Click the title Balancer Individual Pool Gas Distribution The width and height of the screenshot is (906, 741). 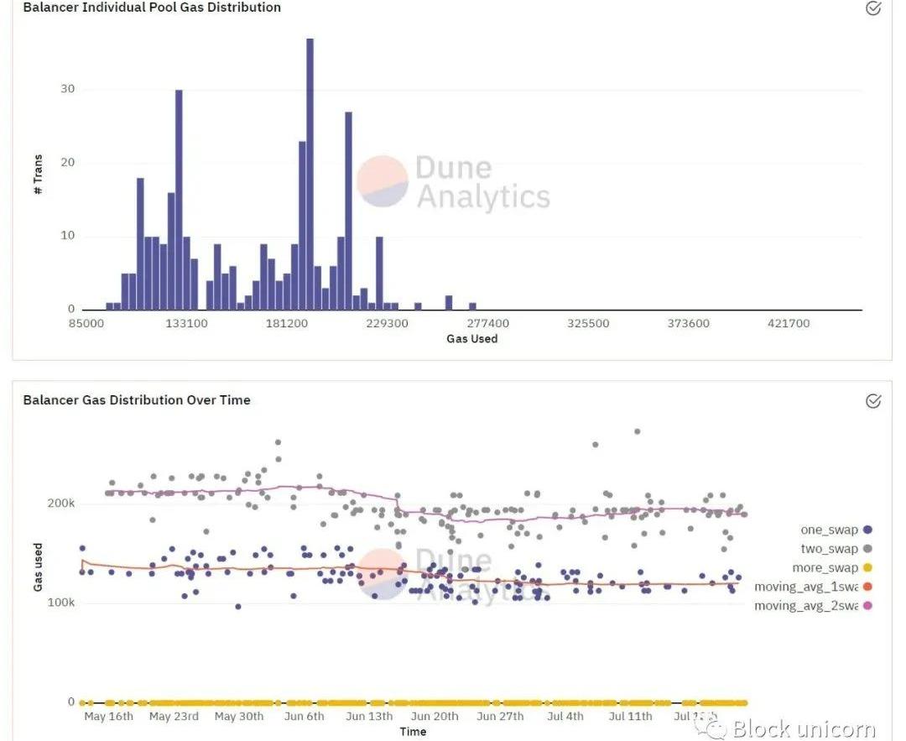[x=152, y=8]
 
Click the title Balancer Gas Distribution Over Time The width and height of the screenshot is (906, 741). [x=137, y=400]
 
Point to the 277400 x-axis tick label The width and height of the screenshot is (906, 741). [x=487, y=323]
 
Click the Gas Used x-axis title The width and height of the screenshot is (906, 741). [x=471, y=339]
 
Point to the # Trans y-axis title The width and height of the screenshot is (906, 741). [x=38, y=175]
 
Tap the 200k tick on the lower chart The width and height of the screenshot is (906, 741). [x=60, y=504]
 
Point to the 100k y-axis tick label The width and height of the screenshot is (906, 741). [x=60, y=603]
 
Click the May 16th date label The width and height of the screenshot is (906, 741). [x=109, y=717]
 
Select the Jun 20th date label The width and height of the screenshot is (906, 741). [x=435, y=717]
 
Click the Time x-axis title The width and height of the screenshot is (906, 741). [x=413, y=732]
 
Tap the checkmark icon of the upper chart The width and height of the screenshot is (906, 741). [x=873, y=8]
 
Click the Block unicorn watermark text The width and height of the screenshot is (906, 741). [x=804, y=728]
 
